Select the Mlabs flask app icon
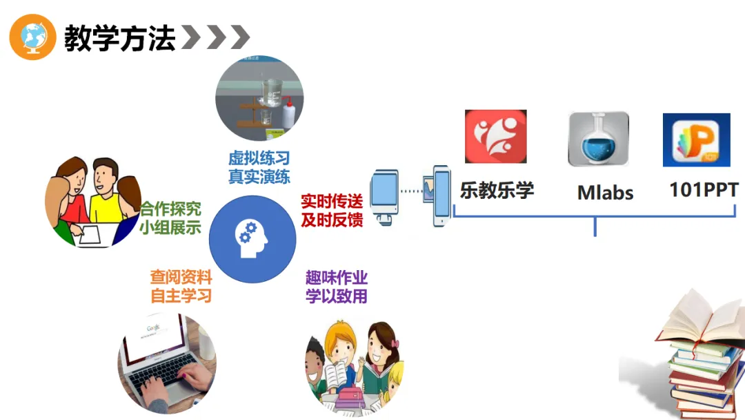pyautogui.click(x=598, y=139)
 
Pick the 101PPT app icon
pyautogui.click(x=696, y=140)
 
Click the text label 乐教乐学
pyautogui.click(x=497, y=190)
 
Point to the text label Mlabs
pyautogui.click(x=605, y=193)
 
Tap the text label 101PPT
pyautogui.click(x=704, y=190)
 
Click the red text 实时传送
pyautogui.click(x=331, y=201)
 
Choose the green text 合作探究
pyautogui.click(x=170, y=209)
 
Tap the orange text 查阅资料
pyautogui.click(x=181, y=278)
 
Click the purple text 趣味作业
pyautogui.click(x=337, y=278)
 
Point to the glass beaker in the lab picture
pyautogui.click(x=271, y=92)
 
